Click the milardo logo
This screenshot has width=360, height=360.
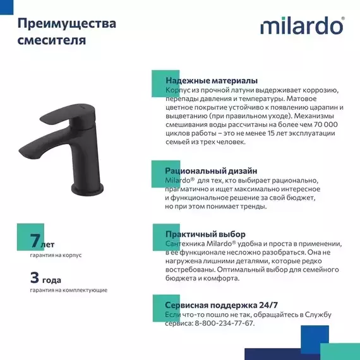pyautogui.click(x=302, y=26)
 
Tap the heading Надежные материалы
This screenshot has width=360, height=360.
pyautogui.click(x=211, y=81)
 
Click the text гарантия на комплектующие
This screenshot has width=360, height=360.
pyautogui.click(x=68, y=290)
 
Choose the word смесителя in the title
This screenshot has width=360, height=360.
pyautogui.click(x=52, y=41)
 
